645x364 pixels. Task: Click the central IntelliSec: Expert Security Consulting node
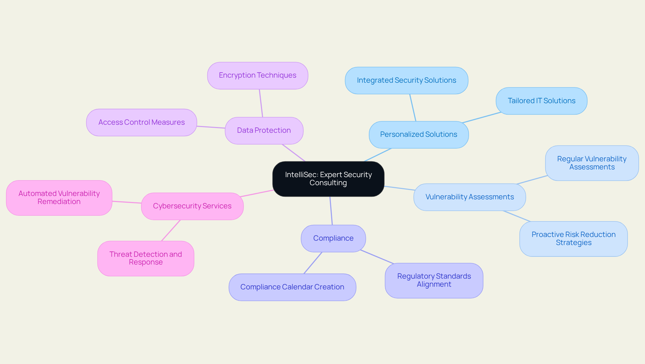(x=328, y=179)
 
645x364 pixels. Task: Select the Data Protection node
(x=264, y=130)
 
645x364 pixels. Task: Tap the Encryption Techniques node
(x=258, y=75)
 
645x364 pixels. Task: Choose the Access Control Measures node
(x=141, y=122)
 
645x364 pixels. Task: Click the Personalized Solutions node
(x=419, y=134)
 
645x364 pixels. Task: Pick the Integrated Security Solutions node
(x=406, y=80)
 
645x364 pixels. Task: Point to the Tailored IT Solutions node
(x=542, y=101)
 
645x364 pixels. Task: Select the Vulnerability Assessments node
(x=470, y=197)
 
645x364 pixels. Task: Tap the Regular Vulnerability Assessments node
(x=592, y=163)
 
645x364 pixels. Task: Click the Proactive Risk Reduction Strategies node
(x=573, y=239)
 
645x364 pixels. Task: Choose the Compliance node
(x=333, y=238)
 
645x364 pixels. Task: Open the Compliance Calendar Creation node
(x=292, y=287)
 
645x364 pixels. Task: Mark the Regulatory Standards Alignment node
(x=434, y=280)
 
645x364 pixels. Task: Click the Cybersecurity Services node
(x=192, y=206)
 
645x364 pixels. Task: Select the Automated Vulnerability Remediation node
(x=59, y=198)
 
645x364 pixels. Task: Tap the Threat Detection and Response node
(x=146, y=258)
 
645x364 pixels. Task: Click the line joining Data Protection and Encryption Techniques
(x=261, y=103)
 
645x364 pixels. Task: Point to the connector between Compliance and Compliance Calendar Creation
(x=313, y=263)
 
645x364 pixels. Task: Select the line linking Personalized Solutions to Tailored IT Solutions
(x=482, y=117)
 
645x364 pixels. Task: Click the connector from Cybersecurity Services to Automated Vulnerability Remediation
(x=127, y=202)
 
